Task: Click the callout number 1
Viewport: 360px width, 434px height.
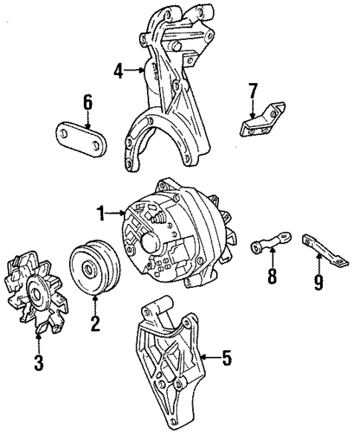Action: pos(100,215)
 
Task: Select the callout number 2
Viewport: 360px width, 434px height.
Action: pos(94,323)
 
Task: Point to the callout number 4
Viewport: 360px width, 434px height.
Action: pos(117,71)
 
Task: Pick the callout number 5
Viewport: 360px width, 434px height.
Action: pos(227,358)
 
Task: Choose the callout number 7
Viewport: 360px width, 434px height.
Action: pos(252,92)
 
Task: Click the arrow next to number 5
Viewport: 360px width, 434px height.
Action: pos(208,358)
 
